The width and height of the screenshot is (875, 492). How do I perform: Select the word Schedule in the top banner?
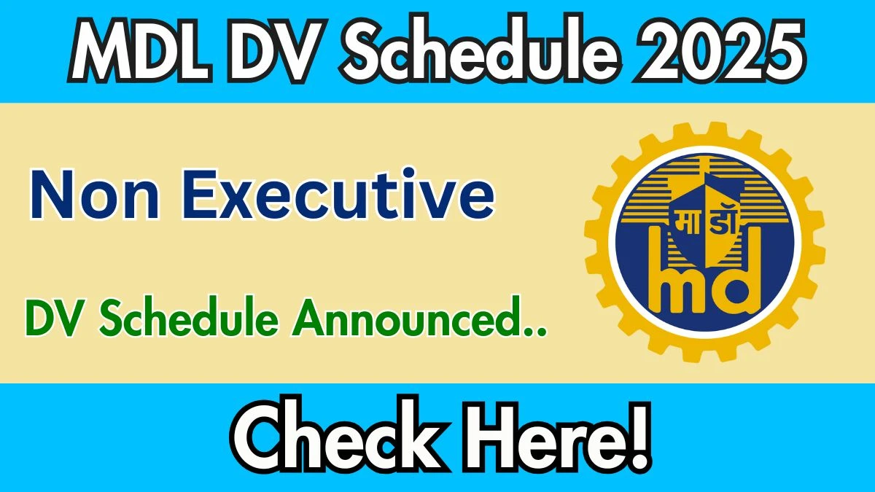click(480, 50)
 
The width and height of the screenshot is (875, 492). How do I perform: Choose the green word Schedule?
click(189, 316)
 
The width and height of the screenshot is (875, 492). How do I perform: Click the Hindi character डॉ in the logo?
click(722, 219)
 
